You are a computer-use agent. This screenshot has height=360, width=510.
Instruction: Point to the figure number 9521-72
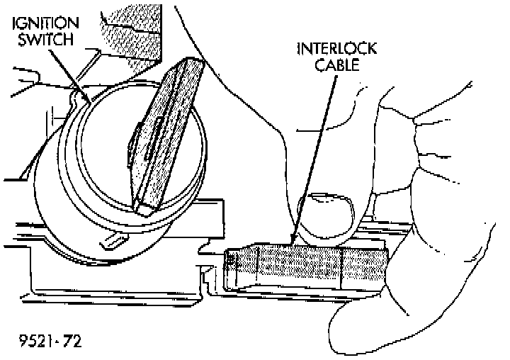[49, 340]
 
